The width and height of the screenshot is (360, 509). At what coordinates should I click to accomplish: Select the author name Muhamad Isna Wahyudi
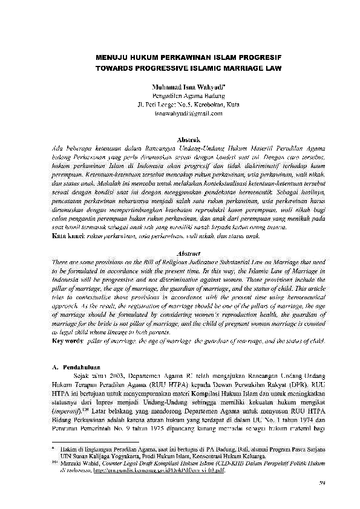pyautogui.click(x=179, y=88)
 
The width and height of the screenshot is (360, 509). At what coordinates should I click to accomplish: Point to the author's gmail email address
pyautogui.click(x=180, y=114)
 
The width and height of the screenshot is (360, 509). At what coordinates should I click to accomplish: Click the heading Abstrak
pyautogui.click(x=180, y=139)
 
